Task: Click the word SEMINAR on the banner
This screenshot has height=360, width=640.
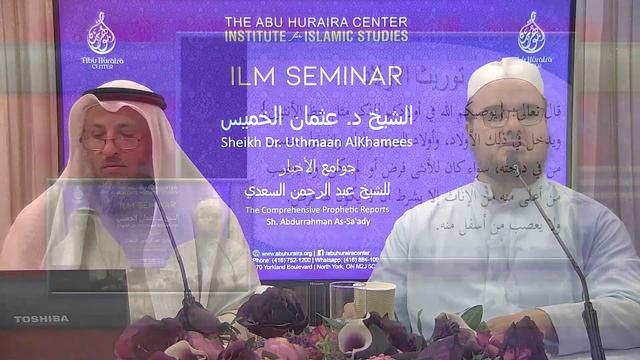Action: pos(347,76)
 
